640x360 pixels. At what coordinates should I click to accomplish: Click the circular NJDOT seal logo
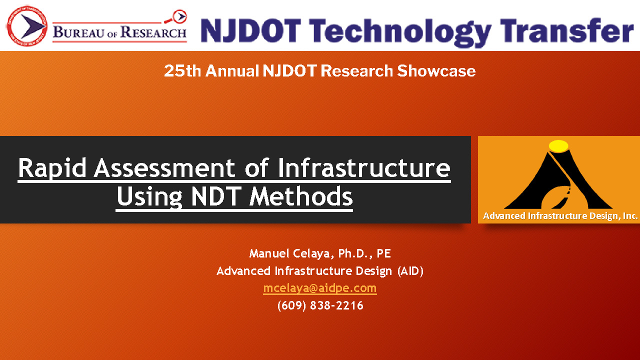[x=27, y=26]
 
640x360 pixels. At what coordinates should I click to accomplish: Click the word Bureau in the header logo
[x=78, y=32]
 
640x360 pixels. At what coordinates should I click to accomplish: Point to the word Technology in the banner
[x=400, y=32]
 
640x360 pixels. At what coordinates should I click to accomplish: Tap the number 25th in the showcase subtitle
[x=182, y=71]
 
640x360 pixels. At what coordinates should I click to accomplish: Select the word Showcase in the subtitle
[x=436, y=70]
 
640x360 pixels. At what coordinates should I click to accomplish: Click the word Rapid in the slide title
[x=52, y=168]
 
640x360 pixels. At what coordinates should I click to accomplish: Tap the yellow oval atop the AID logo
[x=558, y=145]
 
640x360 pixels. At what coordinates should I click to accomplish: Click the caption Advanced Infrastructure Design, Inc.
[x=560, y=215]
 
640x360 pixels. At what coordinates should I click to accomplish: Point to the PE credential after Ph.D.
[x=383, y=253]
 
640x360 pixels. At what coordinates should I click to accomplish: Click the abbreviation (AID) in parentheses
[x=410, y=271]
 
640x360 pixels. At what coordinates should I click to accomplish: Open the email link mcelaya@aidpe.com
[x=320, y=288]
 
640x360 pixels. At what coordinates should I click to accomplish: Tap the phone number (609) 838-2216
[x=320, y=305]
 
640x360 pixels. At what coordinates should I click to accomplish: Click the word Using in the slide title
[x=149, y=197]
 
